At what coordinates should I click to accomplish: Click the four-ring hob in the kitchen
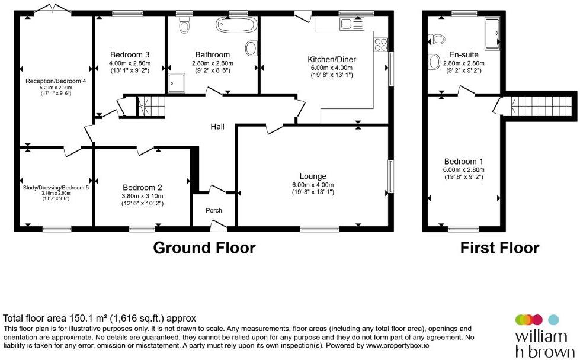tap(380, 45)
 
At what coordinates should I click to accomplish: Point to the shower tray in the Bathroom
tap(177, 83)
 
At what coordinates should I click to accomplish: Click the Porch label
tap(214, 210)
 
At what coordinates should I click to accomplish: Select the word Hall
tap(217, 127)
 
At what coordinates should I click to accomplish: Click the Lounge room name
tap(313, 176)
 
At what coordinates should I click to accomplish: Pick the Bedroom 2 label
tap(142, 188)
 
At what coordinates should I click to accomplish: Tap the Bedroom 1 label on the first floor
tap(463, 162)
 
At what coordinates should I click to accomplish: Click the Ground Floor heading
tap(204, 247)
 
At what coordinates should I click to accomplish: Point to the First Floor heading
tap(500, 247)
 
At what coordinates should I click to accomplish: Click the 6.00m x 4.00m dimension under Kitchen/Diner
tap(332, 67)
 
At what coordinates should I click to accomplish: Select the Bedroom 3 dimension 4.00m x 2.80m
tap(130, 63)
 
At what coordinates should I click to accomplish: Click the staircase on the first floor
tap(540, 106)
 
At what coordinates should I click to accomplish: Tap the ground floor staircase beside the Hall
tap(151, 107)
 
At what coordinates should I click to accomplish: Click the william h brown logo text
tap(545, 345)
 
